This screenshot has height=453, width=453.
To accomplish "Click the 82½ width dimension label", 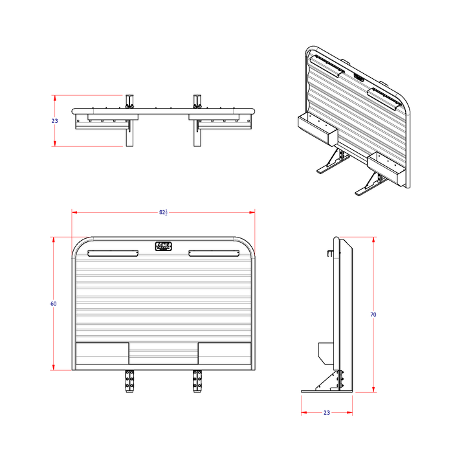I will coord(162,212).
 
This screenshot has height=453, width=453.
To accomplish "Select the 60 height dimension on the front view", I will coord(54,304).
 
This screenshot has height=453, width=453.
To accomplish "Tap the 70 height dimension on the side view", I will coord(373,315).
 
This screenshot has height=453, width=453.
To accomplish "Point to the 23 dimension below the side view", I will coord(326,412).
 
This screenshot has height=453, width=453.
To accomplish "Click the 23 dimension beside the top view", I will coord(55,121).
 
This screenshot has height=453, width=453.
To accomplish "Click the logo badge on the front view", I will coord(163,246).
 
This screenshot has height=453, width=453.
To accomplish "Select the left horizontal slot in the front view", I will coord(113,253).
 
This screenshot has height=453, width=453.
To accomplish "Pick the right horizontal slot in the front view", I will coord(214,253).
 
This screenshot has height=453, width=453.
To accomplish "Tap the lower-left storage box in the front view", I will coord(102,353).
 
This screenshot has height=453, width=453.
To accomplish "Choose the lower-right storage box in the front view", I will coord(224,353).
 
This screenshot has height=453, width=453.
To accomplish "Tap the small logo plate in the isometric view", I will coord(359,77).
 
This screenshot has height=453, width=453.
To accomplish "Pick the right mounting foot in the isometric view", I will coord(369,188).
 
